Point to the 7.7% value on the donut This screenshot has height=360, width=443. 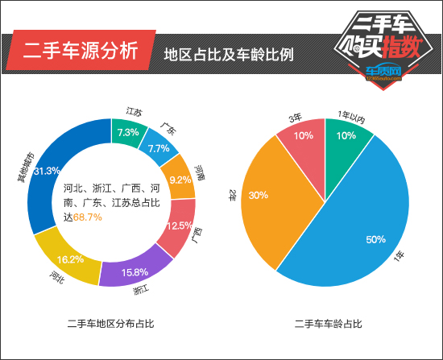(x=158, y=149)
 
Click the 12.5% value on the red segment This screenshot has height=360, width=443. (x=179, y=226)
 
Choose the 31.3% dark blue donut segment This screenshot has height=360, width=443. (x=47, y=172)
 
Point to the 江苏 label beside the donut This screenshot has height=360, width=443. (x=134, y=112)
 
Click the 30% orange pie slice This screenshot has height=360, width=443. (x=259, y=196)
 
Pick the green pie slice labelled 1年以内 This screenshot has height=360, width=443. (x=346, y=135)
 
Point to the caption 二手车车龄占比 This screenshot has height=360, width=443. (x=328, y=324)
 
